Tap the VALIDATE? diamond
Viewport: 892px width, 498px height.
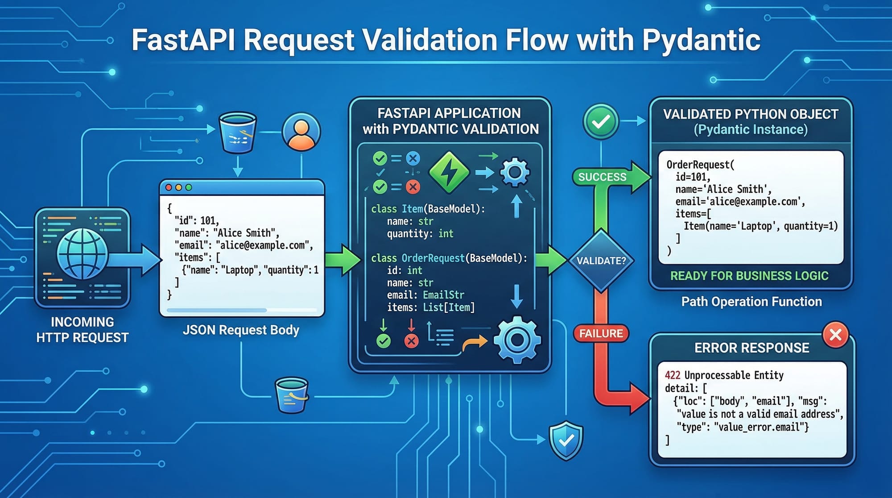(x=601, y=261)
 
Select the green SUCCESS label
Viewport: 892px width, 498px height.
(x=602, y=177)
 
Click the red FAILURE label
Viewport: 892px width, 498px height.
(x=601, y=333)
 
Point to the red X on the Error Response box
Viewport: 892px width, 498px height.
(x=835, y=335)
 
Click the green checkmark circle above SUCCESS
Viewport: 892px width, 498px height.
(x=601, y=121)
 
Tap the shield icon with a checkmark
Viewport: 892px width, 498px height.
(x=566, y=440)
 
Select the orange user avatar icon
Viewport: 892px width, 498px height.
(x=301, y=132)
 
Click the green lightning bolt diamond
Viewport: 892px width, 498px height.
(x=449, y=172)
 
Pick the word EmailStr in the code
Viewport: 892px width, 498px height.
(x=443, y=295)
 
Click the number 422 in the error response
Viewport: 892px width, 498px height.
(x=673, y=375)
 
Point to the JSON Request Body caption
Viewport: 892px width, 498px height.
(x=241, y=330)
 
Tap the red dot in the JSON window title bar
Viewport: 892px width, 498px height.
(x=169, y=188)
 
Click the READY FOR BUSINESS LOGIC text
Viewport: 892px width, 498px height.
(x=749, y=276)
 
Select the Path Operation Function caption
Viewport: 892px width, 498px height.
(x=752, y=302)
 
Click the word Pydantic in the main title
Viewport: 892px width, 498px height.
(x=701, y=40)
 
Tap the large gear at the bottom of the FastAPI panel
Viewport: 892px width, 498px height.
(x=517, y=340)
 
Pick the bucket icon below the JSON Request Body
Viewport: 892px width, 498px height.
(x=292, y=395)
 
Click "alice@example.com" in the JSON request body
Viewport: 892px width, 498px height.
(x=264, y=245)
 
